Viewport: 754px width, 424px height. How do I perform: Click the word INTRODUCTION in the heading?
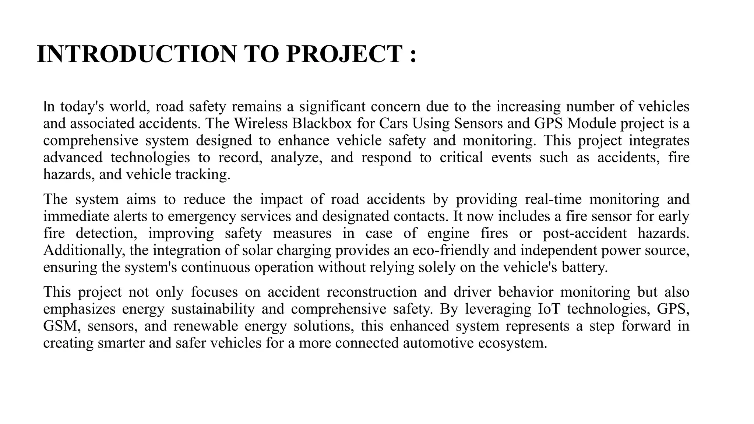pos(137,54)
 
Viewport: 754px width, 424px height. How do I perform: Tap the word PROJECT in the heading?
pos(344,54)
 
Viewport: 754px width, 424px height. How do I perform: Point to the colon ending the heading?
pos(413,55)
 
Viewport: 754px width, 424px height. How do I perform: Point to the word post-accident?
pos(585,233)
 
